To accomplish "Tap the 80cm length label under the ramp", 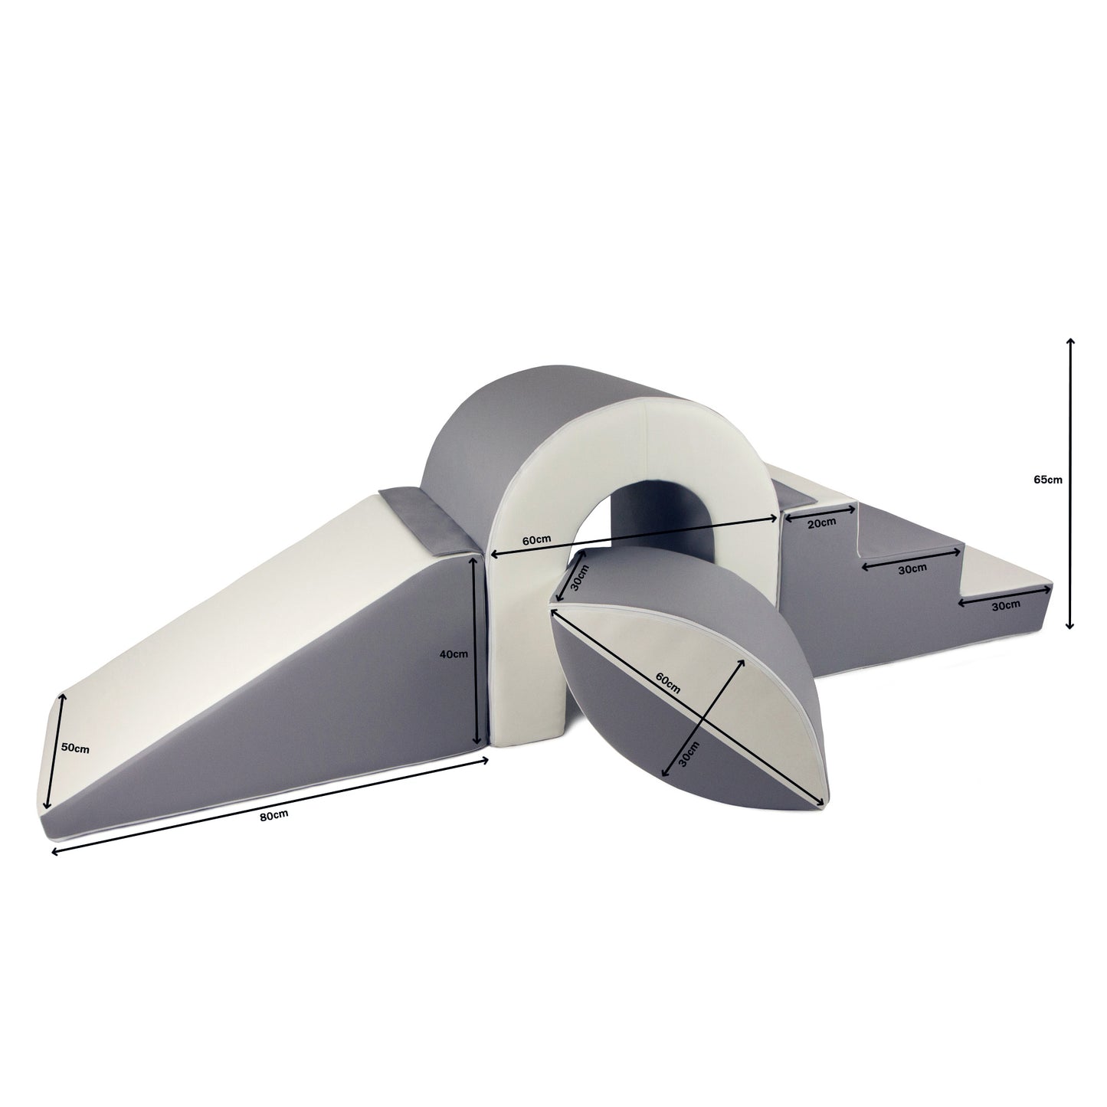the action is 273,814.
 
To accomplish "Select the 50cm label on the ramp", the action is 75,748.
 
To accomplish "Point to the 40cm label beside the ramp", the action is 454,653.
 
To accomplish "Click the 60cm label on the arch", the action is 536,539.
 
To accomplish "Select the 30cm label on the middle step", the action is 912,568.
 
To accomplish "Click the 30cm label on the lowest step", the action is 1006,604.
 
